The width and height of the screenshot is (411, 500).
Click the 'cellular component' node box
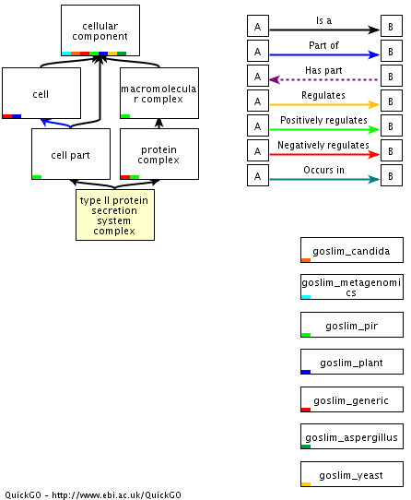click(100, 30)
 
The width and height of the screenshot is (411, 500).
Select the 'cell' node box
click(41, 93)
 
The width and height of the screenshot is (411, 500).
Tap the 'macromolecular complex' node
click(159, 93)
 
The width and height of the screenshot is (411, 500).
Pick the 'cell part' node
click(71, 154)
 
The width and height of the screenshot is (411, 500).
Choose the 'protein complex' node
click(159, 154)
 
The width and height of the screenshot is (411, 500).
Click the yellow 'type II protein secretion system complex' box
click(115, 215)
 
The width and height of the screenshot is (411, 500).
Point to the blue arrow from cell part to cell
click(56, 123)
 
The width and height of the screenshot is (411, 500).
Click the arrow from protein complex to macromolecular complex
click(159, 124)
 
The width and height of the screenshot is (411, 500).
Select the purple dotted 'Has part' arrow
click(324, 79)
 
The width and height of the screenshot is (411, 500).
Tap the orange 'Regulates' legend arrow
click(324, 104)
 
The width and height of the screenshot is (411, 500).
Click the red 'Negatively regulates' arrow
click(324, 155)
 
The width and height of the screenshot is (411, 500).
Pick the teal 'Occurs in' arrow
click(324, 180)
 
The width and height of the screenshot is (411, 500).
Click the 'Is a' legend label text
click(323, 20)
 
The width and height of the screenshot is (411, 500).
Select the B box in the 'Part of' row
click(392, 51)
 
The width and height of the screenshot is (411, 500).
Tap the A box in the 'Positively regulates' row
click(258, 125)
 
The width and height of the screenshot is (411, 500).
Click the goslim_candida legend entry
click(352, 250)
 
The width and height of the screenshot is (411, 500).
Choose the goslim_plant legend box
click(352, 362)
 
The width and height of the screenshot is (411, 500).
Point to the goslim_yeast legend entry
click(352, 474)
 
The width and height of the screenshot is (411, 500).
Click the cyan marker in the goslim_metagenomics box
click(306, 297)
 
